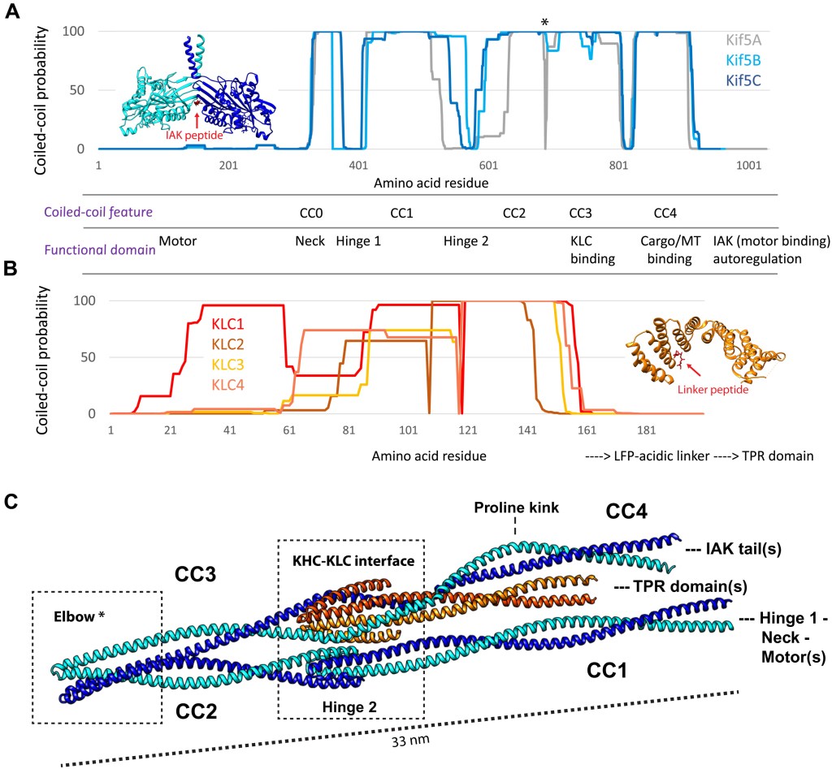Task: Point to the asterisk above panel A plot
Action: pos(544,23)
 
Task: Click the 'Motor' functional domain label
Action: pos(178,241)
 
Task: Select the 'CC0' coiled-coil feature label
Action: pos(311,213)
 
